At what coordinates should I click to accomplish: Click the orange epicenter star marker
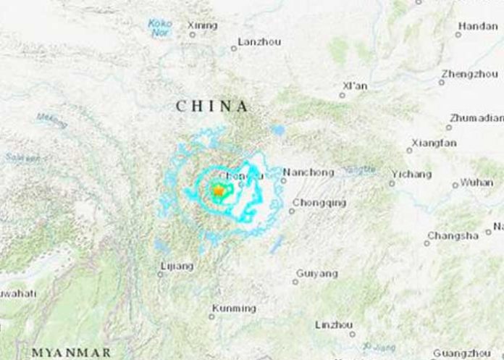pyautogui.click(x=217, y=191)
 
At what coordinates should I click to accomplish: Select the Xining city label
pyautogui.click(x=202, y=25)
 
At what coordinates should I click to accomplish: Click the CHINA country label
pyautogui.click(x=212, y=106)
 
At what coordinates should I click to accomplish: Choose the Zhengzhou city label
pyautogui.click(x=469, y=74)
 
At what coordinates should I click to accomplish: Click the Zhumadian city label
pyautogui.click(x=476, y=117)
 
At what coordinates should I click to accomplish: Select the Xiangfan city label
pyautogui.click(x=434, y=143)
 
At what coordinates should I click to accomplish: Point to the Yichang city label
pyautogui.click(x=411, y=175)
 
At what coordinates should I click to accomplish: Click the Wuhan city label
pyautogui.click(x=476, y=183)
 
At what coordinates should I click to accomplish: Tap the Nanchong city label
pyautogui.click(x=308, y=172)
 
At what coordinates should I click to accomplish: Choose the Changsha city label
pyautogui.click(x=453, y=235)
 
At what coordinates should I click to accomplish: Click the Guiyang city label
pyautogui.click(x=316, y=273)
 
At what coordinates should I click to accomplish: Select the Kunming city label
pyautogui.click(x=233, y=308)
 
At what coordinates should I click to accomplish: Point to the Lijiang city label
pyautogui.click(x=176, y=266)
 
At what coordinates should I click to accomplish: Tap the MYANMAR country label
pyautogui.click(x=72, y=353)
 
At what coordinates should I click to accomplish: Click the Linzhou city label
pyautogui.click(x=335, y=325)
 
